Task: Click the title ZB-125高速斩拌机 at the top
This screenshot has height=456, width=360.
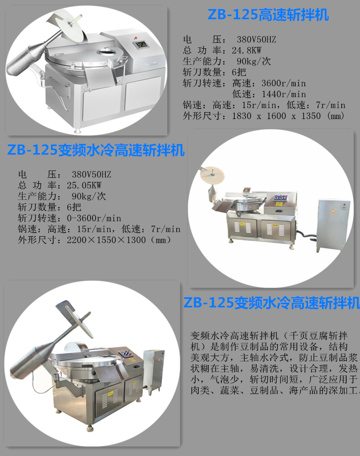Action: click(x=268, y=15)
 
